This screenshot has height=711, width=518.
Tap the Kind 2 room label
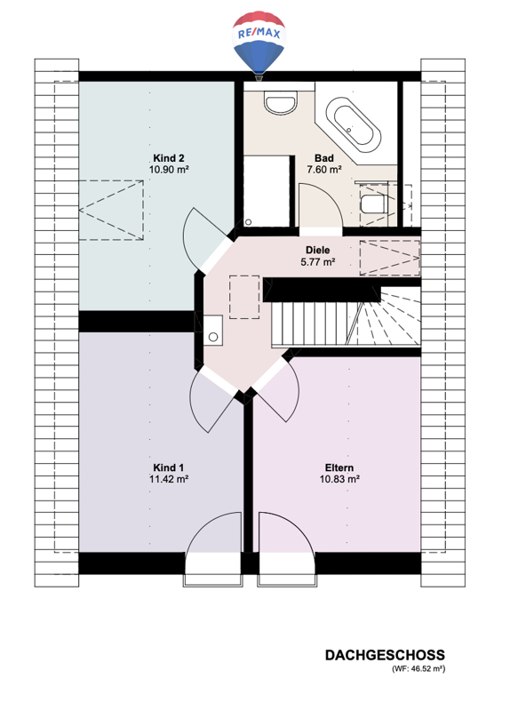click(x=169, y=158)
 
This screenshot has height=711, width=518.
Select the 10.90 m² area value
click(x=169, y=170)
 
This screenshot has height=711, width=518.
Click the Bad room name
click(x=324, y=158)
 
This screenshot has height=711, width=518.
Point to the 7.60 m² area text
click(x=324, y=170)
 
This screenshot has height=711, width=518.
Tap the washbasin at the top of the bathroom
click(x=281, y=103)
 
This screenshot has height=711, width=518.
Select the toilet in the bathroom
click(x=373, y=204)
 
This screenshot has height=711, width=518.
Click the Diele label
click(x=318, y=250)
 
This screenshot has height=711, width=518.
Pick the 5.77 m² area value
click(x=318, y=261)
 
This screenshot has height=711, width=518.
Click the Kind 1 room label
click(x=169, y=467)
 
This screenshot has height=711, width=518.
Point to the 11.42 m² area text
click(x=169, y=479)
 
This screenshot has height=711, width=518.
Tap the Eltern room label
click(x=339, y=467)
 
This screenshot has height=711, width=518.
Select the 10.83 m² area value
click(x=339, y=479)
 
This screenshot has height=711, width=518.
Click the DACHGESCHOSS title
click(x=385, y=655)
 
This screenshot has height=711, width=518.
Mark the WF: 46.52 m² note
click(x=418, y=669)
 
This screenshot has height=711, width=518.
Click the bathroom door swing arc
click(x=333, y=198)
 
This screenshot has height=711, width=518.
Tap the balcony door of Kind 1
click(x=213, y=549)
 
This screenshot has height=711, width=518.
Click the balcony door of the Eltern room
click(x=287, y=549)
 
